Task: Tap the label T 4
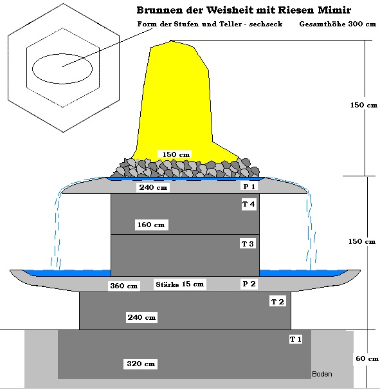click(x=249, y=204)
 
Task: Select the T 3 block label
click(x=248, y=244)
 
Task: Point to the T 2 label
click(x=277, y=302)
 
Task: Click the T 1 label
click(x=296, y=339)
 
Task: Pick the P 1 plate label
click(x=249, y=186)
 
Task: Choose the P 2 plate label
click(x=249, y=284)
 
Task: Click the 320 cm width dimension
click(x=141, y=364)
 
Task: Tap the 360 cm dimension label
click(x=123, y=286)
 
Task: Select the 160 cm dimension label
click(x=151, y=225)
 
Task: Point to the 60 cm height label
click(x=367, y=358)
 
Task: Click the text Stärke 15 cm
click(x=179, y=284)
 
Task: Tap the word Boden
click(x=322, y=374)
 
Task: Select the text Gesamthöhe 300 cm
click(x=338, y=24)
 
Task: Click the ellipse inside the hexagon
click(x=62, y=54)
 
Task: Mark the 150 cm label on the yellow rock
click(x=176, y=154)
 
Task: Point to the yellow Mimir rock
click(x=174, y=100)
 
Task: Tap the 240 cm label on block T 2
click(x=141, y=317)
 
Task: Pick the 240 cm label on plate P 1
click(x=153, y=187)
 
